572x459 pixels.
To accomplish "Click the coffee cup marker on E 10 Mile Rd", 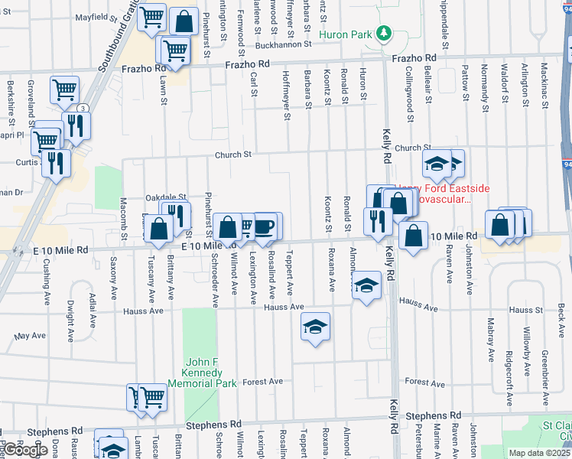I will pyautogui.click(x=265, y=227).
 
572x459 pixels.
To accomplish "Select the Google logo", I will pyautogui.click(x=25, y=450).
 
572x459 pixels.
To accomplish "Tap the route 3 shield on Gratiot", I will pyautogui.click(x=82, y=108).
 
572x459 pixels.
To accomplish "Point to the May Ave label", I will pyautogui.click(x=30, y=336).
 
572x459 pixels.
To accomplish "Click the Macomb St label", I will pyautogui.click(x=122, y=218).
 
